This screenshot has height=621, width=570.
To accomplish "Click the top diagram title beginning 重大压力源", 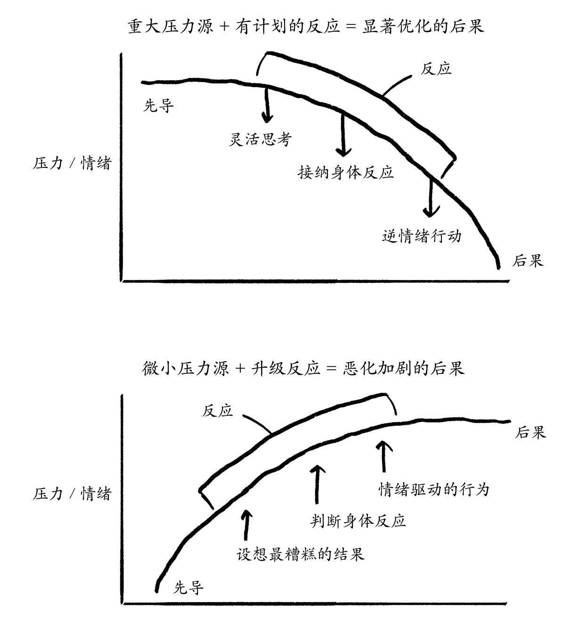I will click(x=306, y=26).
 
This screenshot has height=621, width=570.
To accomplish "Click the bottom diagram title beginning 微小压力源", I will click(x=303, y=368).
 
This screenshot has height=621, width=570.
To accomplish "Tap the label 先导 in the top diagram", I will click(x=158, y=106).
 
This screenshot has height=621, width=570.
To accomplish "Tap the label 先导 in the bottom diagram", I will click(x=189, y=588).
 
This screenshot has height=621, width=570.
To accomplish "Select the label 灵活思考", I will click(x=260, y=140).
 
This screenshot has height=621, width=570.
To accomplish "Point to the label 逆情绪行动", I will click(x=421, y=236).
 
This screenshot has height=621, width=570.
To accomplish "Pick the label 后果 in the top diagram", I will click(x=528, y=260).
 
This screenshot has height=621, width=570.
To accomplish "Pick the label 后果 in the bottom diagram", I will click(x=530, y=432).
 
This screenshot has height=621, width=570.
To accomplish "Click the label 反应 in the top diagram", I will click(x=436, y=69).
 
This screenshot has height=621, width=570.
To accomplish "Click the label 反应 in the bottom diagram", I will click(x=217, y=411).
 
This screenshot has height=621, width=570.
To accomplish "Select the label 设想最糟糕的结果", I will click(x=300, y=554).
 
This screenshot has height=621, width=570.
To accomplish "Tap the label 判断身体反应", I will click(x=358, y=521).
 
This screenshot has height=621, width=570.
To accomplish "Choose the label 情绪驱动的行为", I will click(x=434, y=489).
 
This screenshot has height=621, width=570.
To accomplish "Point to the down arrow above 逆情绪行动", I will click(x=431, y=198).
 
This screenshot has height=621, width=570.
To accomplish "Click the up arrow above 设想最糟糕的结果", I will click(x=245, y=524).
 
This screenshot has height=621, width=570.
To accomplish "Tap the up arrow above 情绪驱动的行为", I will click(x=384, y=456).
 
